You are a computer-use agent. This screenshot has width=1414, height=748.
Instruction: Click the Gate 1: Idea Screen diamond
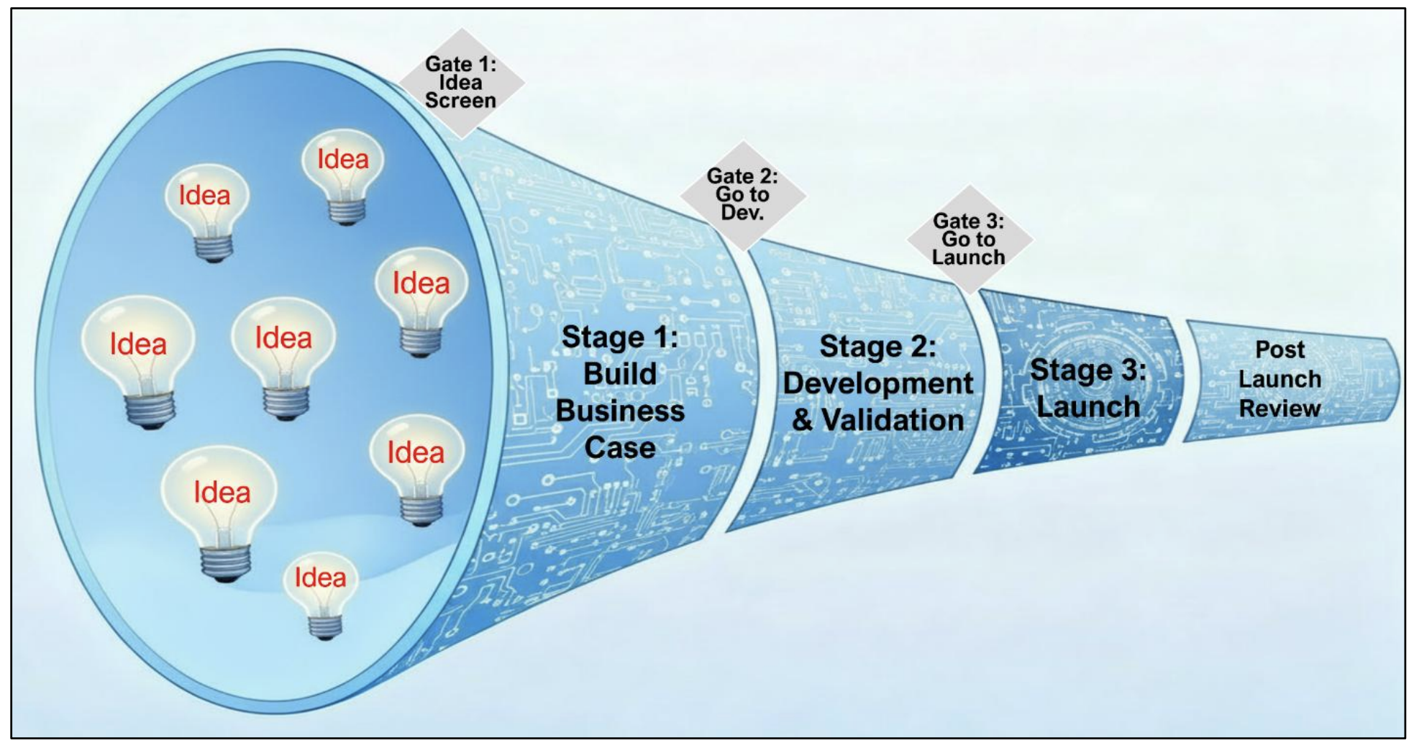461,83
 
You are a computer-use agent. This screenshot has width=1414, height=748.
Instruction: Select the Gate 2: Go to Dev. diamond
742,195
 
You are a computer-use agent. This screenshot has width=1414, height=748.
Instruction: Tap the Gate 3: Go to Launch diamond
969,240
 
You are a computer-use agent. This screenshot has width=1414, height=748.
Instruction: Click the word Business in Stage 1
620,411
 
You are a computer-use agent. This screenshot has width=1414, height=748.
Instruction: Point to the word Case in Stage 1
620,448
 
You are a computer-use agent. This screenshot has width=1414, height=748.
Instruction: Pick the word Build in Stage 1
620,374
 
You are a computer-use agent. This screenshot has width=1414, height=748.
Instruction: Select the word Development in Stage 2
877,383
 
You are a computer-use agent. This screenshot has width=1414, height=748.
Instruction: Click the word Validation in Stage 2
893,421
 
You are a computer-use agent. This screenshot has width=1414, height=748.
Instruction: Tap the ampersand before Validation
803,421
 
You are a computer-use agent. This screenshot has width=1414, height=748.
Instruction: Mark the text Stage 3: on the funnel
1087,370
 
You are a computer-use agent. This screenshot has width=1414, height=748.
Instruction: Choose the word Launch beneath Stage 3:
1088,407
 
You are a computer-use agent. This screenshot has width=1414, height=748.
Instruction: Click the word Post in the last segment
1280,350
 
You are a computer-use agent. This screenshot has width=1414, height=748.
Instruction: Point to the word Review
1280,409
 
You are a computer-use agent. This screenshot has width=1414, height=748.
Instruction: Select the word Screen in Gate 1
460,101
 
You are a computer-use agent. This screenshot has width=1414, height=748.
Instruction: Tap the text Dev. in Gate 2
742,213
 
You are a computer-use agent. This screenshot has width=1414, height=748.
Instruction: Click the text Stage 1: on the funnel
620,337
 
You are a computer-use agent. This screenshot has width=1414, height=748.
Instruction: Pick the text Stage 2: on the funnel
877,347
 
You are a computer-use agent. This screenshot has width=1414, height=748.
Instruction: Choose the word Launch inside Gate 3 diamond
969,257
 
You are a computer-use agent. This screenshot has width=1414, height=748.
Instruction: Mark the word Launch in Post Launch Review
1280,379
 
